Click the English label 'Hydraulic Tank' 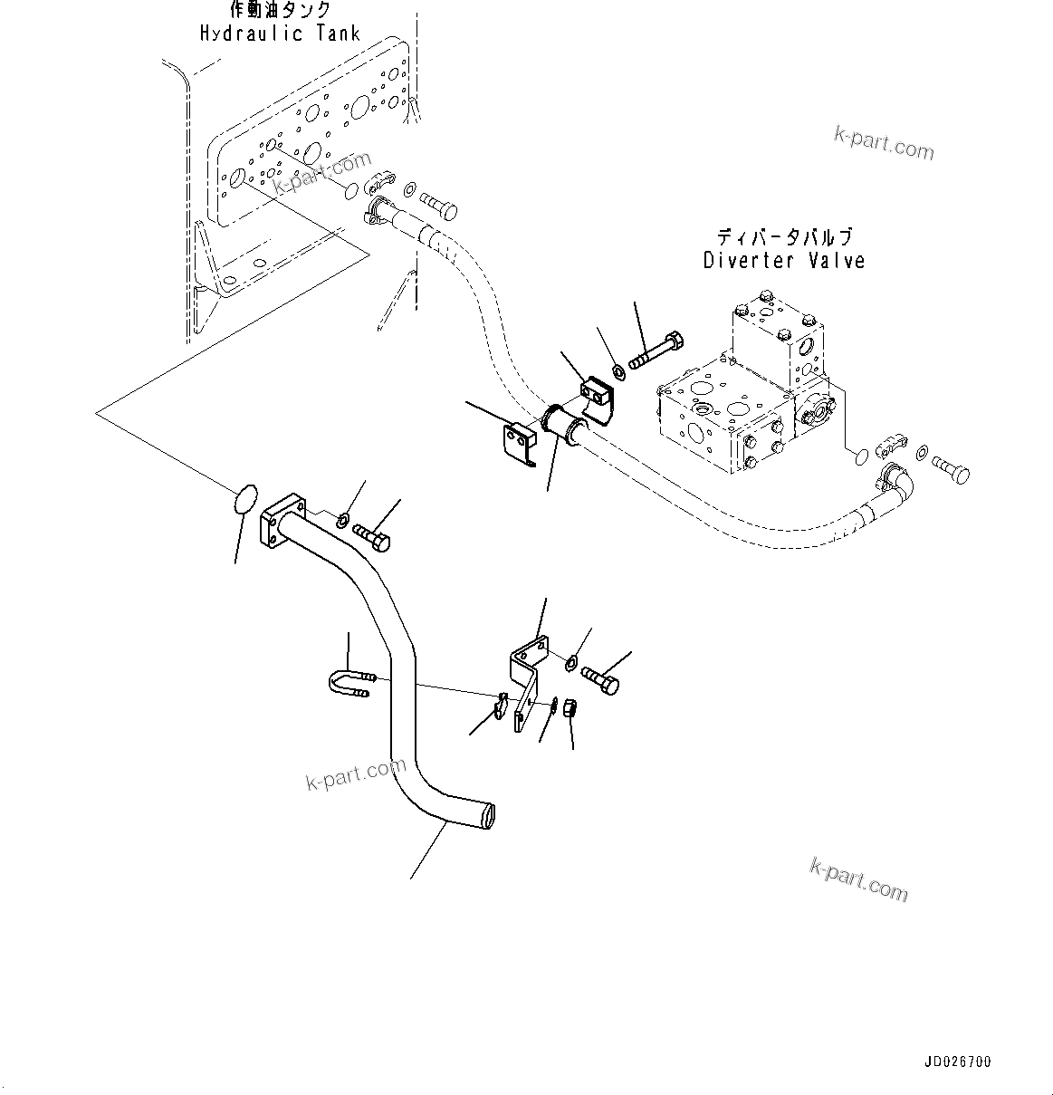280,34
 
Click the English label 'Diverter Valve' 784,261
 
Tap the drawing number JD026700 958,1061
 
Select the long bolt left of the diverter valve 656,351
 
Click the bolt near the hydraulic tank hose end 439,207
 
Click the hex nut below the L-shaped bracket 571,708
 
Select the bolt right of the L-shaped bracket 600,680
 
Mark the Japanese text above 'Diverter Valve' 784,237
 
